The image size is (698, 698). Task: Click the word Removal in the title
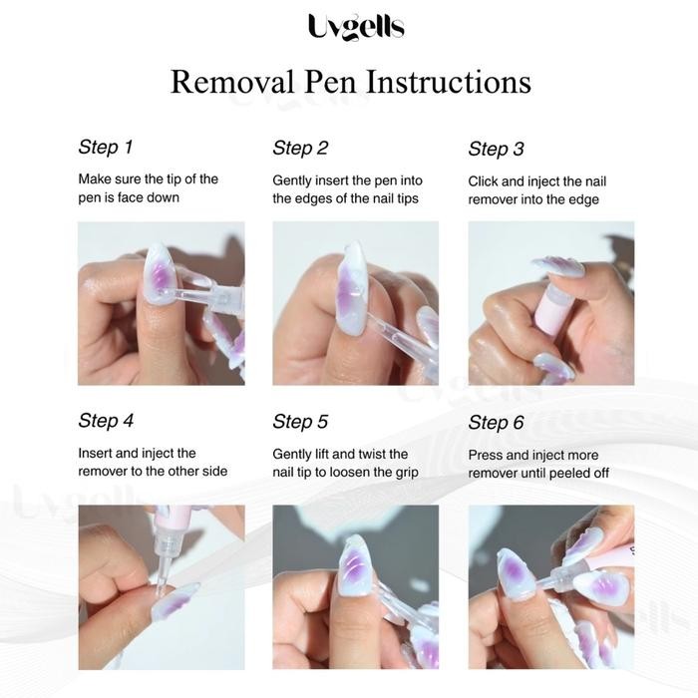tap(227, 81)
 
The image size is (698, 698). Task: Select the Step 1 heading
tap(105, 148)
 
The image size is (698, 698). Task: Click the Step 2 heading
tap(300, 149)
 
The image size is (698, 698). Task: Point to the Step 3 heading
tap(496, 150)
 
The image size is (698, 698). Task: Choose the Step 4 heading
tap(106, 421)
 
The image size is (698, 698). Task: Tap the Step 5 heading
tap(300, 422)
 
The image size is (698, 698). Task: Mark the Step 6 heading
tap(496, 423)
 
